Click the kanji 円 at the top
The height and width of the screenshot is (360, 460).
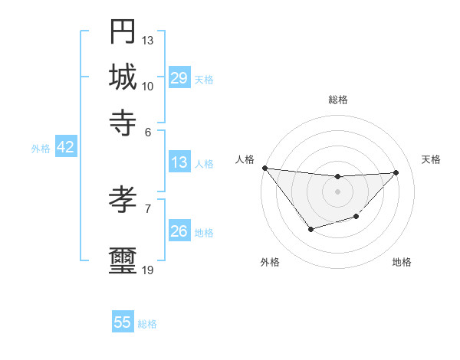(123, 31)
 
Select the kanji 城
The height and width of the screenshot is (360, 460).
(123, 77)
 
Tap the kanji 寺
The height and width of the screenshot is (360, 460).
(123, 122)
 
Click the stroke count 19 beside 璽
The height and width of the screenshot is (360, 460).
(147, 270)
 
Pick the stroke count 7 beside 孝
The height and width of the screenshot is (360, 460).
(147, 208)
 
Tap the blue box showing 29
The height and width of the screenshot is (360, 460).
(179, 78)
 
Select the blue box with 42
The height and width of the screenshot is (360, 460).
(65, 148)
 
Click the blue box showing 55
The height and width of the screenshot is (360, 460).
(123, 322)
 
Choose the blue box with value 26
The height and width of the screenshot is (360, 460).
(179, 231)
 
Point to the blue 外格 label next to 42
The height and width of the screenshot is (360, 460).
(41, 149)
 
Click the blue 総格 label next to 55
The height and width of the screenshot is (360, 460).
(147, 324)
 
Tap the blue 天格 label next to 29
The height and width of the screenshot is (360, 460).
(204, 79)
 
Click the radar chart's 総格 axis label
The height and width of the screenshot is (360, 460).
(337, 100)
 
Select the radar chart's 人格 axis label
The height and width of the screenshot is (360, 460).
(245, 159)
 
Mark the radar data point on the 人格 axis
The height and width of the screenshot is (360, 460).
(264, 168)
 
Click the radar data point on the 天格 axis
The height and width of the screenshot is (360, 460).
(396, 172)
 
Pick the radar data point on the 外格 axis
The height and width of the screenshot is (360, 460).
(310, 229)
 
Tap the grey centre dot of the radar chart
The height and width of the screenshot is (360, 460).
(337, 191)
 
